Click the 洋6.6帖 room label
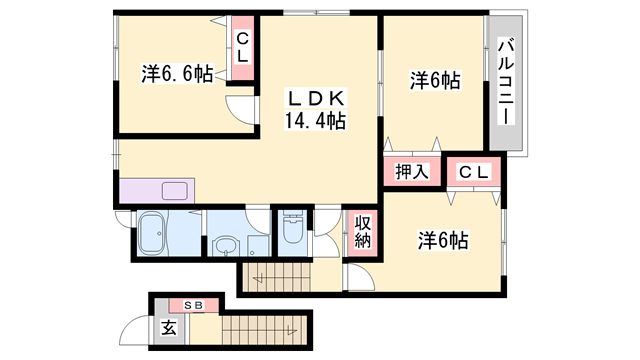tap(177, 73)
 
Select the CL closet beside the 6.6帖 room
tap(242, 46)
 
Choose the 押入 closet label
tap(407, 171)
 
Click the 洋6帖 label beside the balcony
tap(434, 81)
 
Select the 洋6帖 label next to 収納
tap(444, 240)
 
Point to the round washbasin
tap(227, 245)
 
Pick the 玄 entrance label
tap(170, 326)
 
